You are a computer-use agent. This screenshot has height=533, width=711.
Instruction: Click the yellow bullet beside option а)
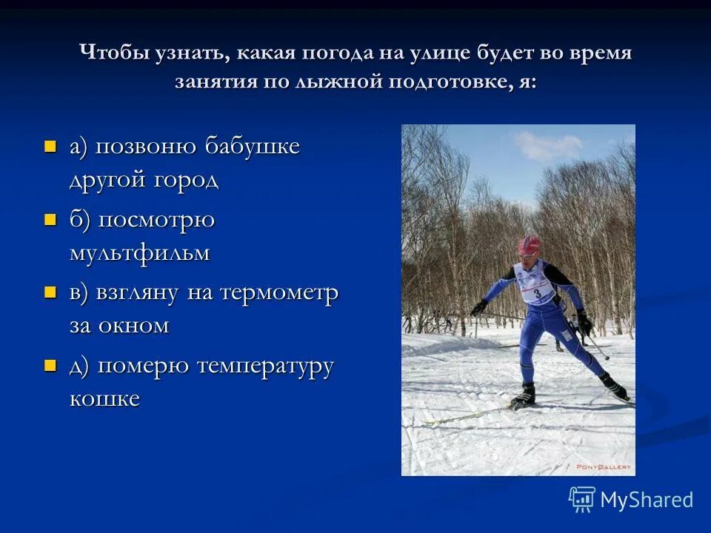[50, 146]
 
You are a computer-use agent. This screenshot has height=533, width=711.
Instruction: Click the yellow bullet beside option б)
[50, 219]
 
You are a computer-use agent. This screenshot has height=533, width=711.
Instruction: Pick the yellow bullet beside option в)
[50, 292]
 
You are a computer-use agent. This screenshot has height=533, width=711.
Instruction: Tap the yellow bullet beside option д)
[50, 365]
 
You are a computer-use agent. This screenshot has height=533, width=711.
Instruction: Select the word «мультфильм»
[139, 253]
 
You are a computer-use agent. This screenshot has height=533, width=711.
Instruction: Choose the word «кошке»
[104, 399]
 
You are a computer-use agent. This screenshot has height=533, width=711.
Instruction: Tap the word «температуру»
[265, 366]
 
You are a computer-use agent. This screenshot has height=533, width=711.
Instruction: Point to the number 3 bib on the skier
[536, 292]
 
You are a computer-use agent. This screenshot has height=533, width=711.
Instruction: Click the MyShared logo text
[647, 500]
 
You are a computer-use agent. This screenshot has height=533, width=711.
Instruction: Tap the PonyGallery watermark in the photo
[603, 466]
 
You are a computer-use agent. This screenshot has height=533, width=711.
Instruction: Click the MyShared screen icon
[582, 500]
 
